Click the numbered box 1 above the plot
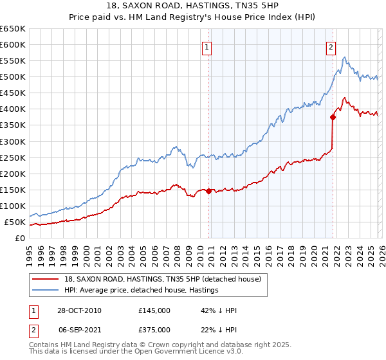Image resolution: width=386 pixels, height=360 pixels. click(x=207, y=46)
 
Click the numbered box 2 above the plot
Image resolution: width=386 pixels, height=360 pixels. click(x=331, y=46)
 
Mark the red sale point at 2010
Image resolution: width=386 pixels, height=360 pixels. click(x=209, y=191)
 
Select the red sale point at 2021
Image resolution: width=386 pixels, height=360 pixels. click(x=333, y=117)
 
